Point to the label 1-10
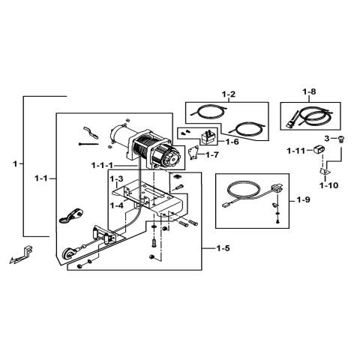click(x=328, y=184)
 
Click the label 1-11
click(x=296, y=151)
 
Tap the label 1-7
click(x=212, y=155)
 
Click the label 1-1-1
click(x=103, y=165)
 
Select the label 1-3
click(x=115, y=179)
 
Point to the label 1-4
click(x=115, y=204)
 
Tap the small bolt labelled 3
click(x=343, y=139)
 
